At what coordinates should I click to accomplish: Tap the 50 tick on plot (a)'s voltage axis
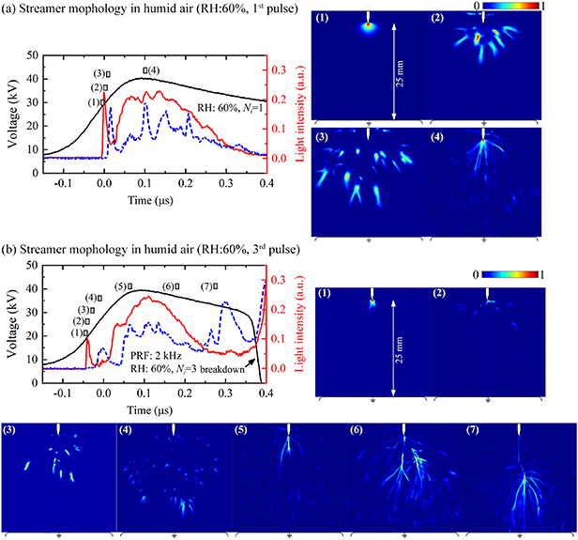35,55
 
